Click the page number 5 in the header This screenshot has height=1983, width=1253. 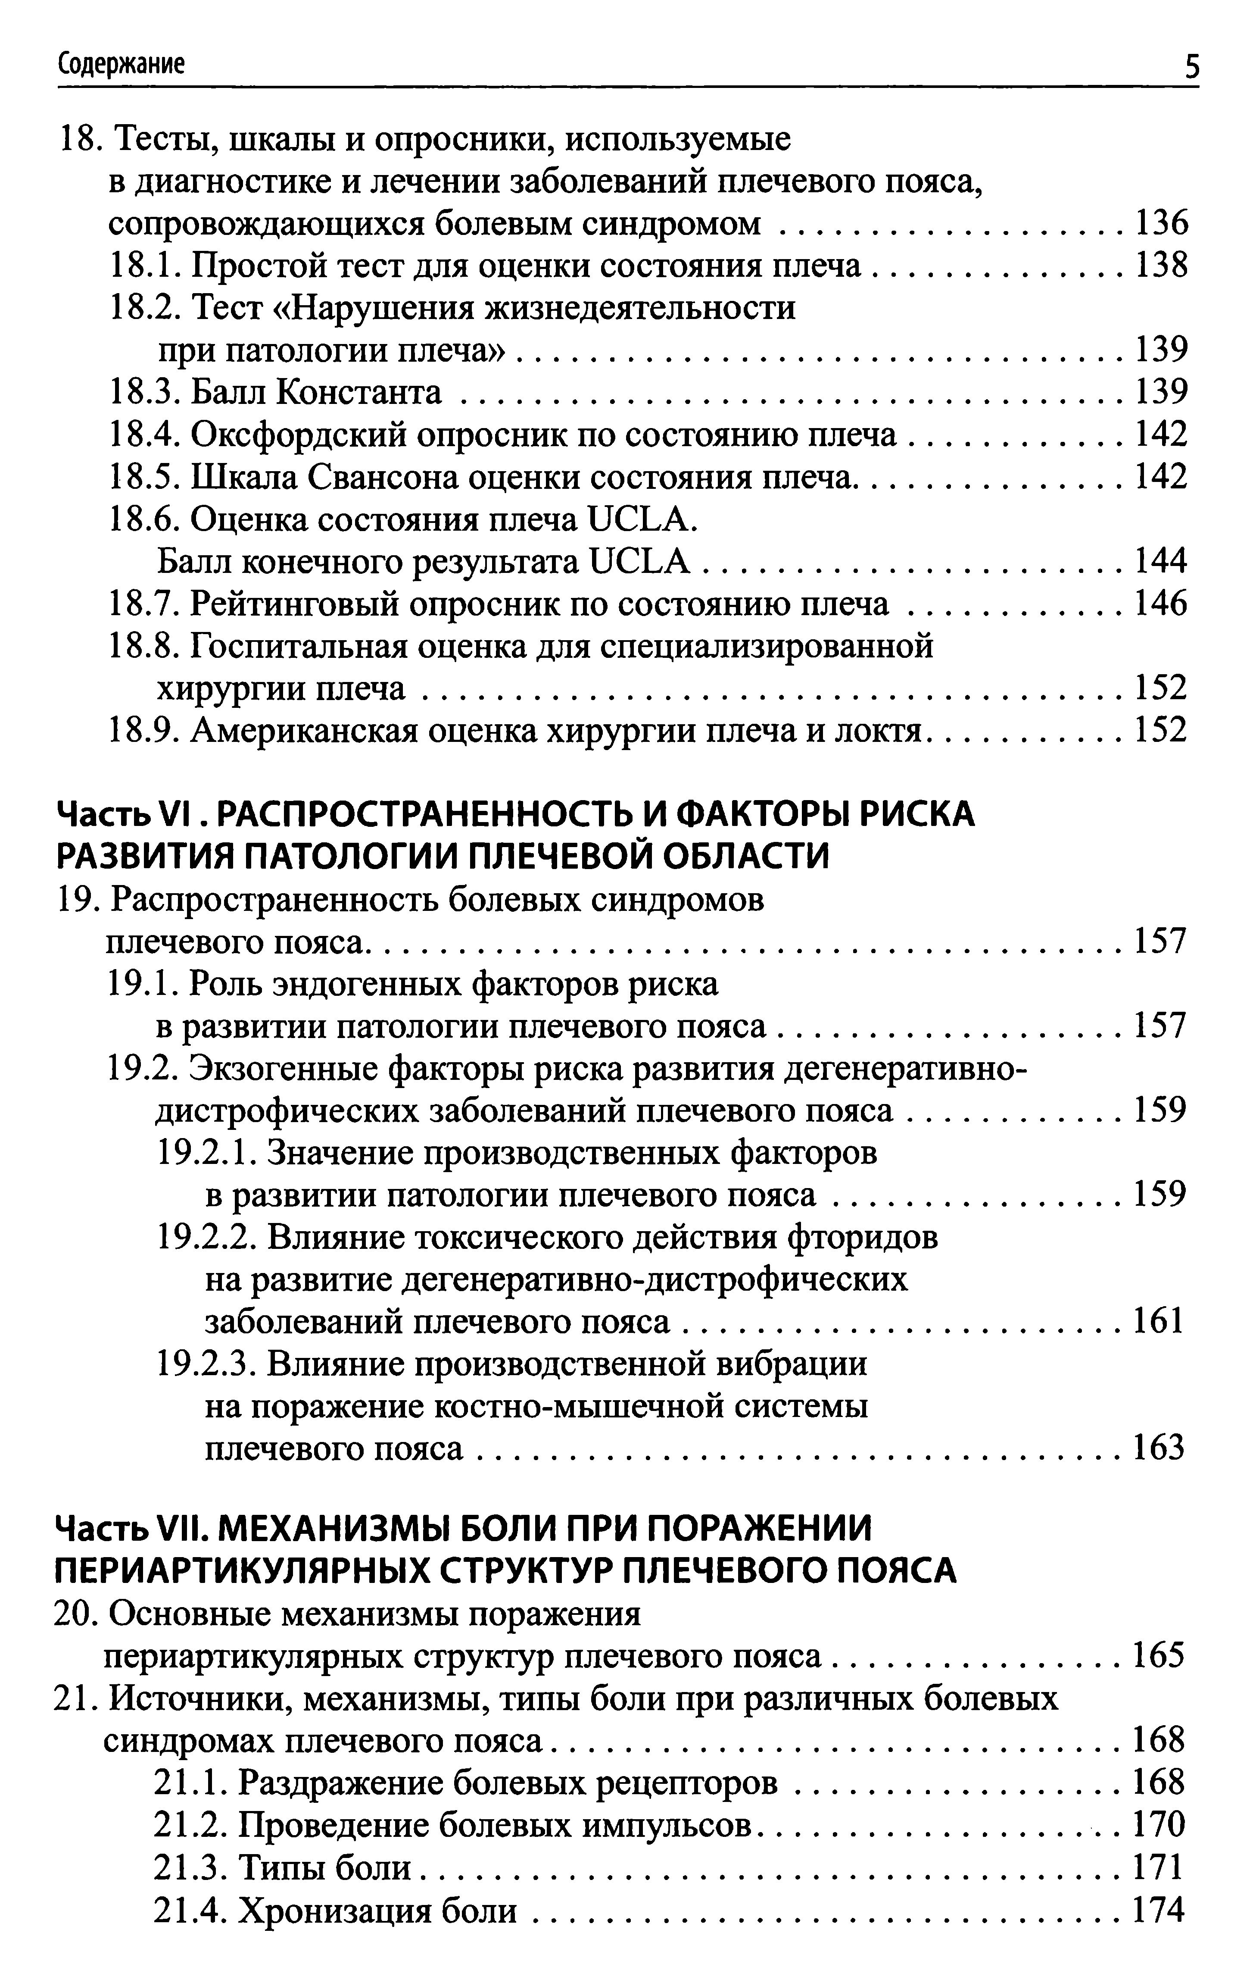(x=1191, y=65)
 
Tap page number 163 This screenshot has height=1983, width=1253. (x=1159, y=1449)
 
